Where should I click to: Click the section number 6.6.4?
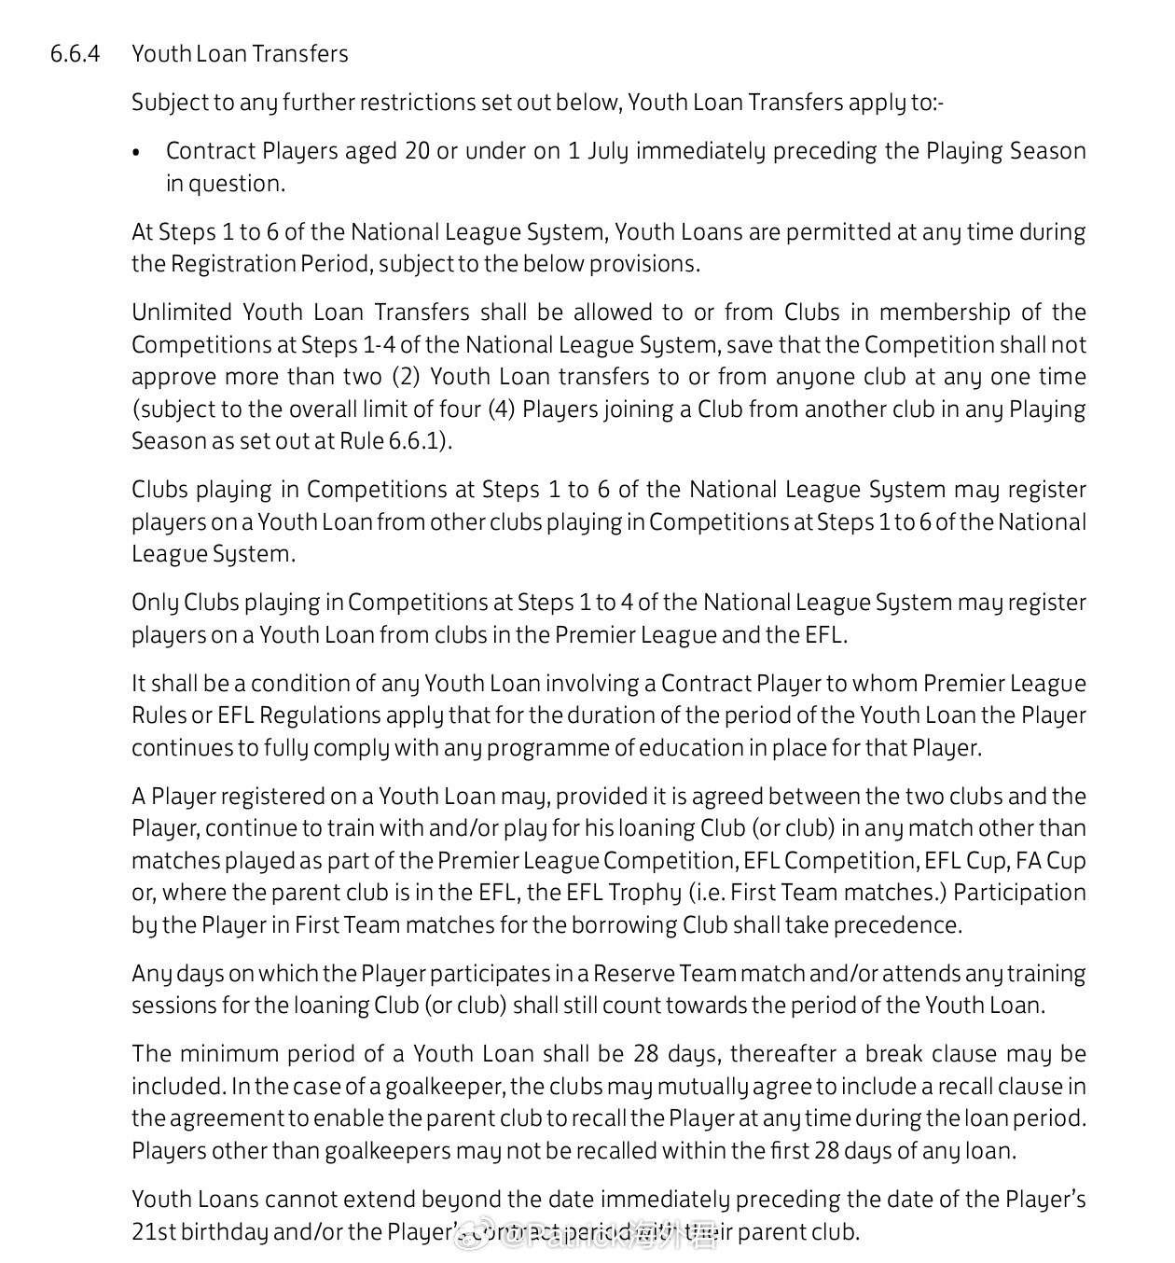(x=75, y=54)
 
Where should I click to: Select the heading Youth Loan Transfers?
(x=240, y=54)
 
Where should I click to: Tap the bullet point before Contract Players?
(x=137, y=152)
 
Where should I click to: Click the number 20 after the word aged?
(x=417, y=151)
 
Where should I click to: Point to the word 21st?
(x=152, y=1232)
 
